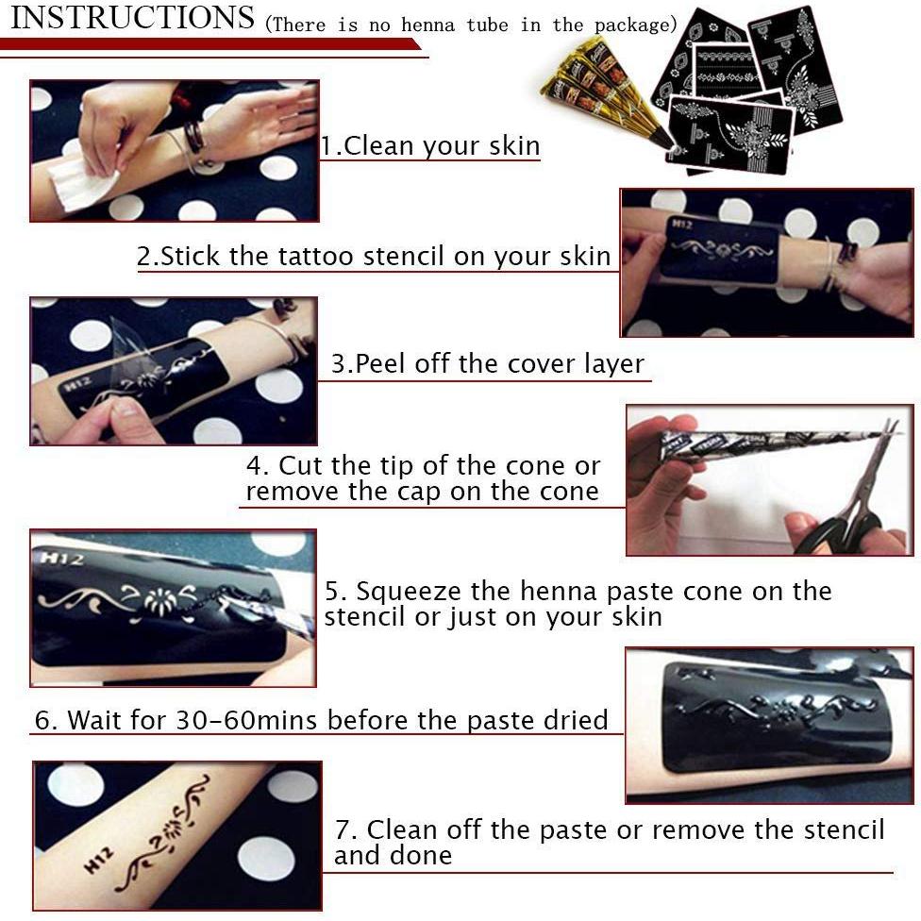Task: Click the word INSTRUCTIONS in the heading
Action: pos(132,18)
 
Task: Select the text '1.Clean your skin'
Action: pos(430,146)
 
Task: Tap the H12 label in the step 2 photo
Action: pos(680,224)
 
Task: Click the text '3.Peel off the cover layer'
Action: pos(488,364)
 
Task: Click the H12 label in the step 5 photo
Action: pos(60,558)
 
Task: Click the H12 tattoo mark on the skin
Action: pos(98,860)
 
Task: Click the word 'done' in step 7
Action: pos(418,856)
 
